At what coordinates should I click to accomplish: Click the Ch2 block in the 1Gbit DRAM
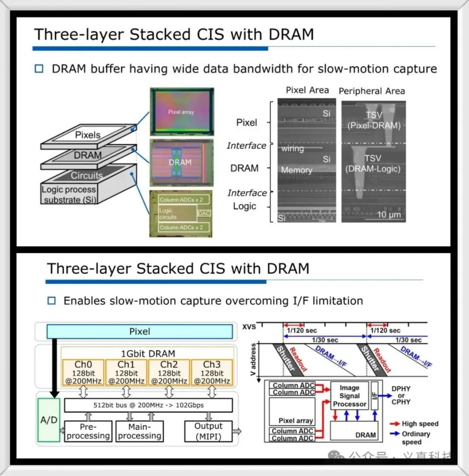[x=169, y=372]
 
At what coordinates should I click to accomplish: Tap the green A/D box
[x=48, y=420]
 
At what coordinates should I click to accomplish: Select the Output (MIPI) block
[x=208, y=431]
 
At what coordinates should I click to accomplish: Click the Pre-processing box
[x=88, y=431]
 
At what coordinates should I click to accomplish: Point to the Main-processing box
[x=139, y=431]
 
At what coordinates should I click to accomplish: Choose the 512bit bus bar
[x=148, y=405]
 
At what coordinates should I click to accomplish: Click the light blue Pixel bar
[x=139, y=332]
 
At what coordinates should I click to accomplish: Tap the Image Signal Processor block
[x=349, y=396]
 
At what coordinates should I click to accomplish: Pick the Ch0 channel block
[x=83, y=372]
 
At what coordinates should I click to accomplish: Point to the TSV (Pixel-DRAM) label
[x=374, y=120]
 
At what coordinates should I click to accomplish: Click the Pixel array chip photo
[x=182, y=112]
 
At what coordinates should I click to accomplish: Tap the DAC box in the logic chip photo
[x=204, y=213]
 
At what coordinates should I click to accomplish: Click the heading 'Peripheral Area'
[x=371, y=91]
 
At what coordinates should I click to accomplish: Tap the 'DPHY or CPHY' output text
[x=400, y=395]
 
